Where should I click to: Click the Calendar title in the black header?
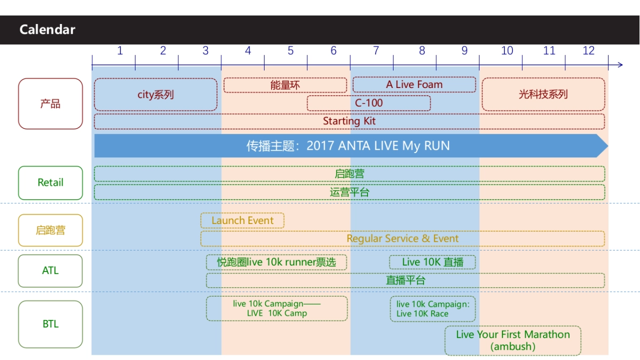[x=47, y=29]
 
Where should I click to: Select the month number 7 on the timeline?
[x=376, y=51]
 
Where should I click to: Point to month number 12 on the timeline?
[x=588, y=51]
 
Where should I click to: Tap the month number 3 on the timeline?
[x=206, y=51]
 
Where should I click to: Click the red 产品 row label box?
[x=51, y=104]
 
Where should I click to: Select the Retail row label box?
[x=51, y=182]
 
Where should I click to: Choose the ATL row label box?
[x=51, y=271]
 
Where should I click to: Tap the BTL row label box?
[x=51, y=324]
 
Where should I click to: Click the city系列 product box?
[x=156, y=95]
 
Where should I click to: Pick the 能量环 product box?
[x=285, y=85]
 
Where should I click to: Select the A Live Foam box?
[x=414, y=85]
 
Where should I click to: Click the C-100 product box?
[x=369, y=103]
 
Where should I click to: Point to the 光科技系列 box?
[x=543, y=94]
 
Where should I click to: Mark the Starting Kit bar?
[x=349, y=121]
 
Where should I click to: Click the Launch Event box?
[x=242, y=221]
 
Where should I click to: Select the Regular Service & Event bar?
[x=403, y=238]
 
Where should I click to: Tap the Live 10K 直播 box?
[x=433, y=262]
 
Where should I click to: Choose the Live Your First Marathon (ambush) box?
[x=513, y=340]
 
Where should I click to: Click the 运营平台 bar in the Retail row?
[x=349, y=192]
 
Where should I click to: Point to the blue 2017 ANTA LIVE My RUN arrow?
[x=349, y=146]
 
